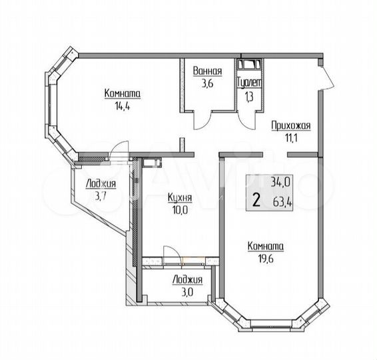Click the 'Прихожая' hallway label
(x=291, y=125)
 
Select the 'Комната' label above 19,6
(x=265, y=246)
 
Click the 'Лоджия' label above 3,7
(x=101, y=183)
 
